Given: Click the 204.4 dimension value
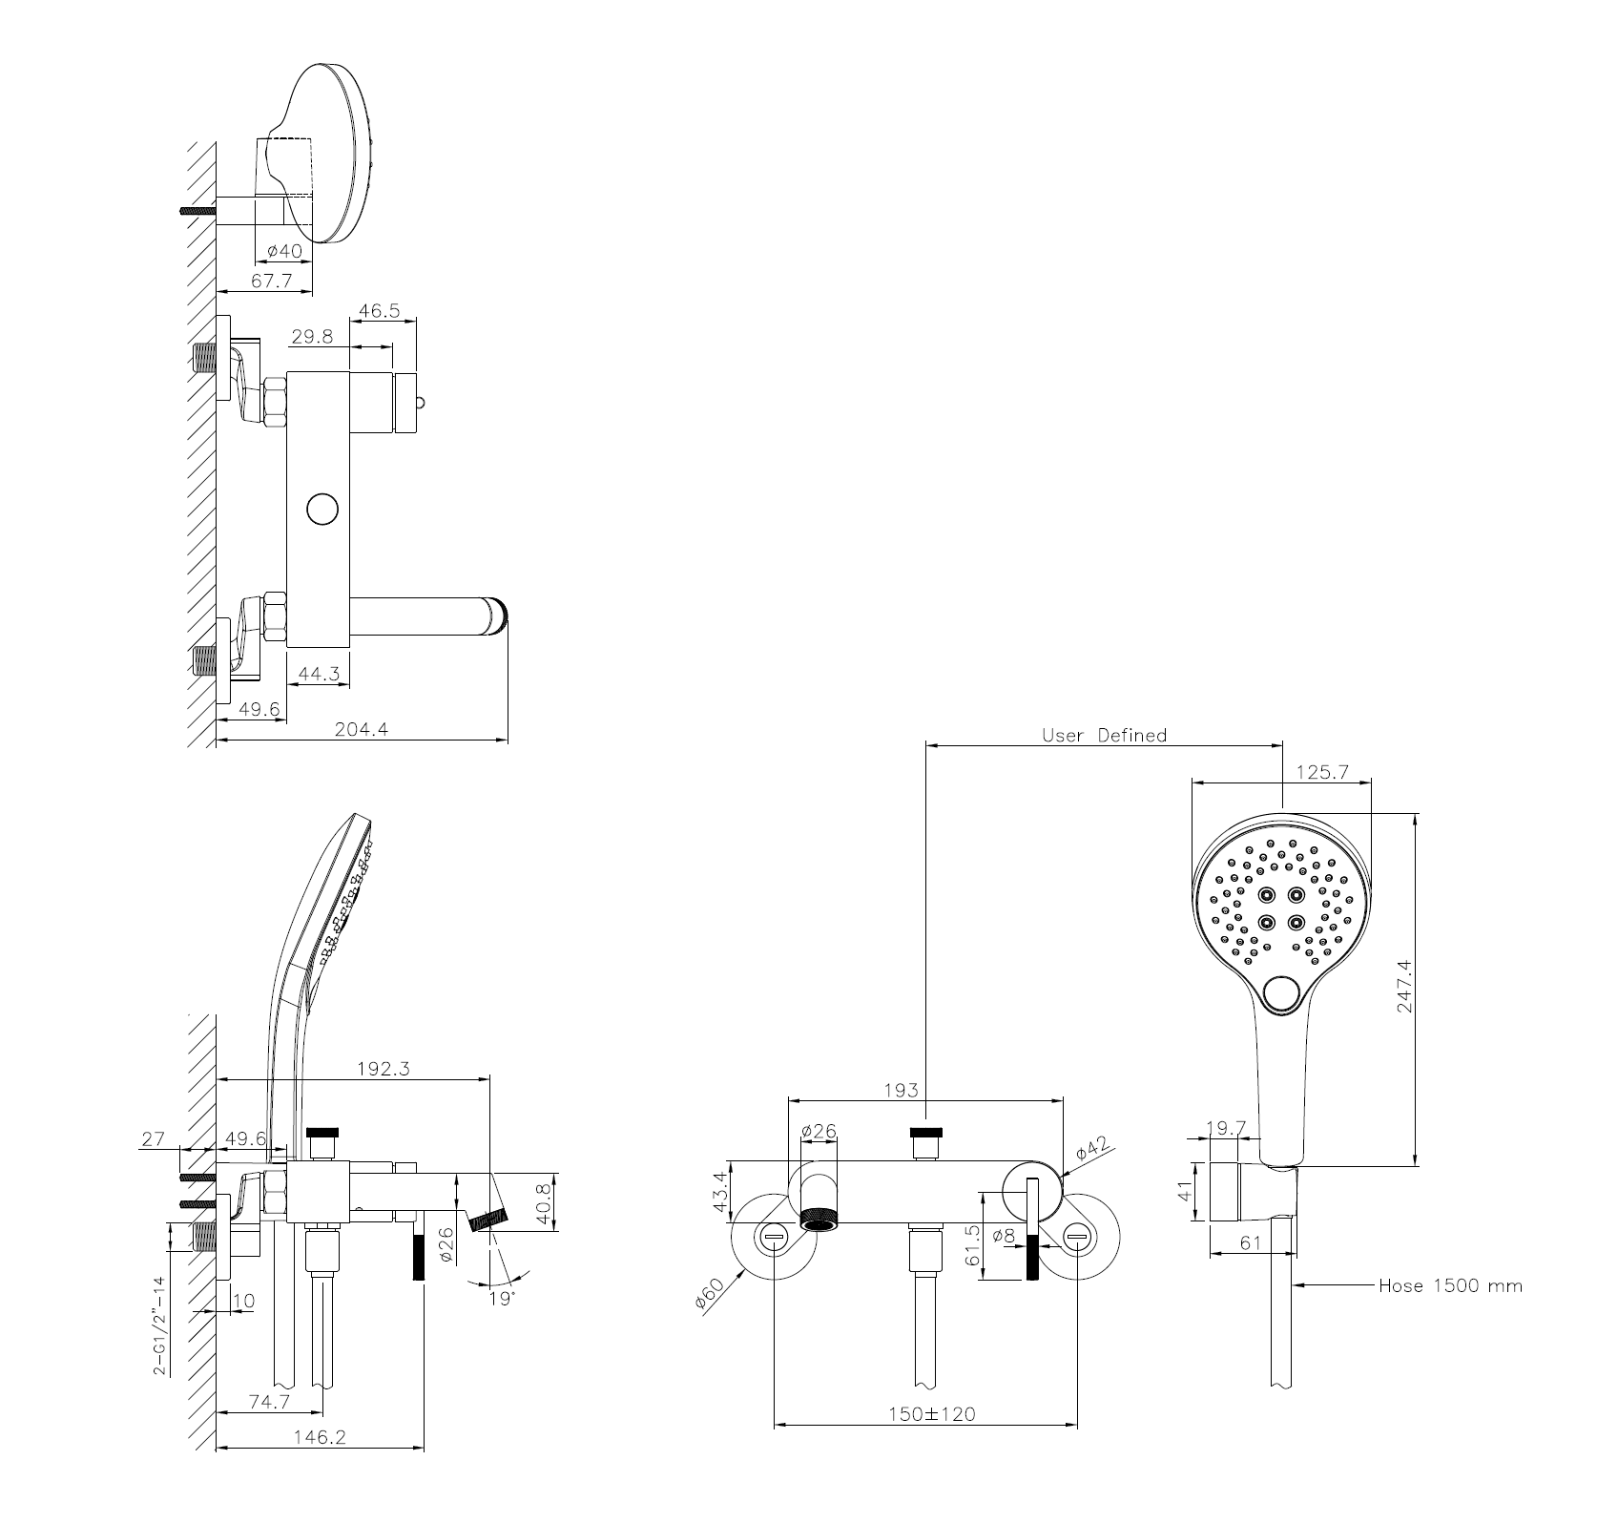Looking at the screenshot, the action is click(x=361, y=730).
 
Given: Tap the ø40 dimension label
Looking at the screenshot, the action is click(x=284, y=250).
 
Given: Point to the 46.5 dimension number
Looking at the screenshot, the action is click(x=381, y=310).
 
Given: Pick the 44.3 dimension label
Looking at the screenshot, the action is click(x=319, y=673).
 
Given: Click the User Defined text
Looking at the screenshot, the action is click(x=1104, y=735).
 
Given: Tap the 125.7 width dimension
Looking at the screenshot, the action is click(x=1322, y=772).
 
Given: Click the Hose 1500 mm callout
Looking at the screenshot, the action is click(x=1450, y=1285).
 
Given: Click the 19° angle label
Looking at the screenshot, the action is click(x=500, y=1299).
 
